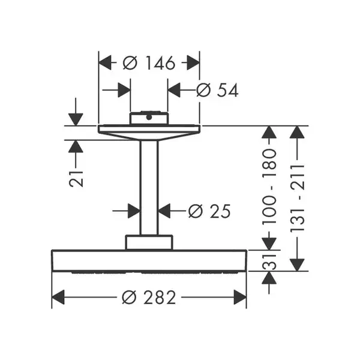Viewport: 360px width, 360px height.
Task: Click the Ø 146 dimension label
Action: (149, 62)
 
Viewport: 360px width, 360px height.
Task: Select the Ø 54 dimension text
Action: (217, 90)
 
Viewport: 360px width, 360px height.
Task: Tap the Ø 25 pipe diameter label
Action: (209, 211)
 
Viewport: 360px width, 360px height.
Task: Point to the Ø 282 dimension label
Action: (149, 297)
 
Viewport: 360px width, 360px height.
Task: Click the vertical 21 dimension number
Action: (76, 178)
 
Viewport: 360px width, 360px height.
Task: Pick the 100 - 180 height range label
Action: (269, 187)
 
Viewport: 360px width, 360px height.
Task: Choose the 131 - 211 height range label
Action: (297, 198)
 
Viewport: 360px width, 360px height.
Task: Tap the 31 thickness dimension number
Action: (269, 262)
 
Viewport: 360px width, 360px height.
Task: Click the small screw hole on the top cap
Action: (149, 118)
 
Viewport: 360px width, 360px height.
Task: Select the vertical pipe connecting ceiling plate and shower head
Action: (149, 188)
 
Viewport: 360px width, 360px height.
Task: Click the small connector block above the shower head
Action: (149, 242)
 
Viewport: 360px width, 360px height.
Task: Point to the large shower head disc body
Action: (149, 261)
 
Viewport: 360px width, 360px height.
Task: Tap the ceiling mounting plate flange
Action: (149, 132)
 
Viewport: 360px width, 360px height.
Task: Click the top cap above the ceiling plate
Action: (149, 118)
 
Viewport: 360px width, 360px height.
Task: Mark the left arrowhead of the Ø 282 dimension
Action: (58, 297)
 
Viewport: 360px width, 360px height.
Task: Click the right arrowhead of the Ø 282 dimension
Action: (240, 297)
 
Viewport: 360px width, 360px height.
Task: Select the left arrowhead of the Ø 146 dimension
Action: (105, 62)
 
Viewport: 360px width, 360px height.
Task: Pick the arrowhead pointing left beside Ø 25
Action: (164, 211)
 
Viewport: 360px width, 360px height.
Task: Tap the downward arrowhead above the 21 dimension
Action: (76, 119)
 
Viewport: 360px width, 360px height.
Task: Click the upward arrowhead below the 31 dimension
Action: (269, 278)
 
